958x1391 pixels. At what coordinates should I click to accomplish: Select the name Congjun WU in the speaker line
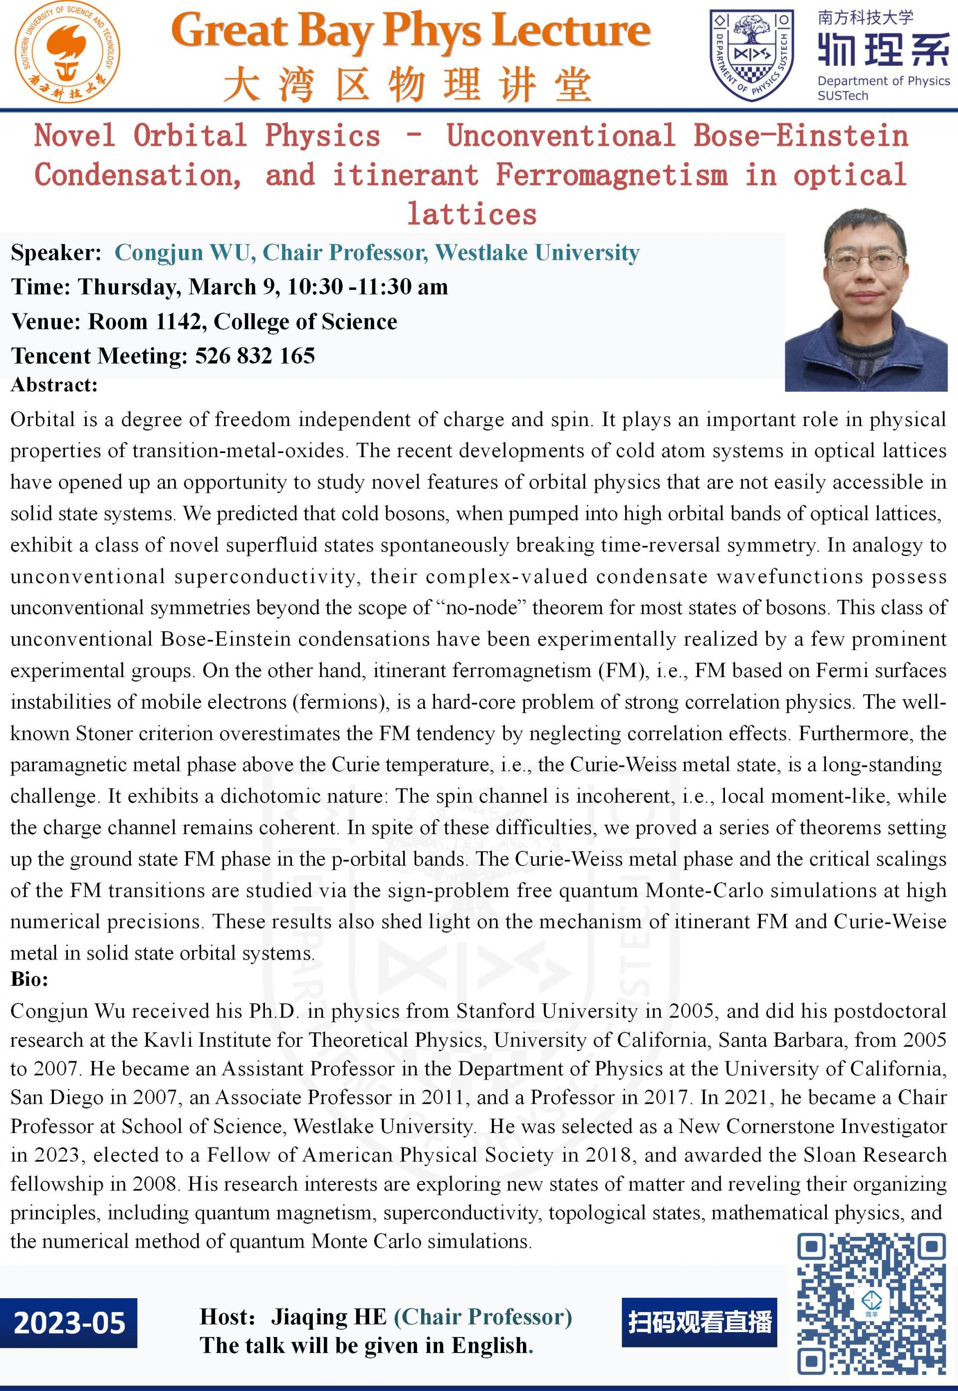182,252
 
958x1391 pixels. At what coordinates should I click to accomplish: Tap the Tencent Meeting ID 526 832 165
254,356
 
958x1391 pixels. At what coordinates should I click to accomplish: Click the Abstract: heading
54,385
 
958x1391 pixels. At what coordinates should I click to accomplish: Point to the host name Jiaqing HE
328,1317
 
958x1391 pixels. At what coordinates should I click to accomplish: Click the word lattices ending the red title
472,214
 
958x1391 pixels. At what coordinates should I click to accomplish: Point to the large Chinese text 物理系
884,48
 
